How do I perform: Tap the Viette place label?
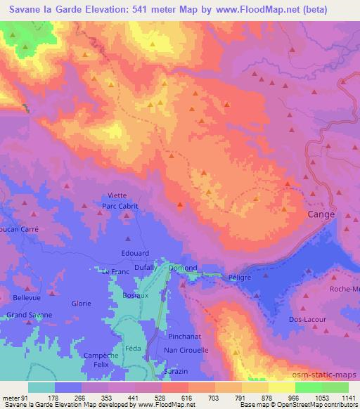(x=118, y=196)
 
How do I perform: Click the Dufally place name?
(x=146, y=268)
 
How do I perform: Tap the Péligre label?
(x=240, y=277)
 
